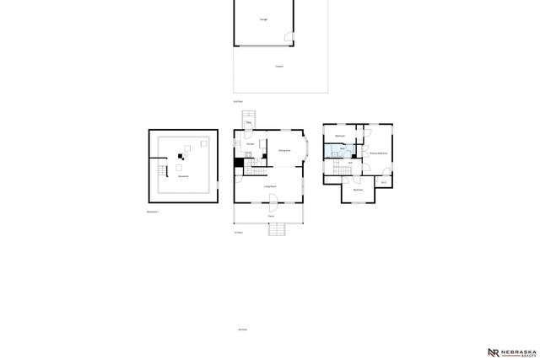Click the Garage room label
[264, 19]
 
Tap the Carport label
[279, 66]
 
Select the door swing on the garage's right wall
[290, 37]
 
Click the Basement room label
[182, 176]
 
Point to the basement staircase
[161, 173]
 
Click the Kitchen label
[251, 143]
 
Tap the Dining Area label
[285, 150]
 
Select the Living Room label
[271, 185]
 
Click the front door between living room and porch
[273, 200]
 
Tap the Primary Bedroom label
[377, 153]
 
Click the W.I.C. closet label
[383, 182]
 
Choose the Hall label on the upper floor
[350, 162]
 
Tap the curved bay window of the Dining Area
[306, 150]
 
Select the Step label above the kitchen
[249, 124]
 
